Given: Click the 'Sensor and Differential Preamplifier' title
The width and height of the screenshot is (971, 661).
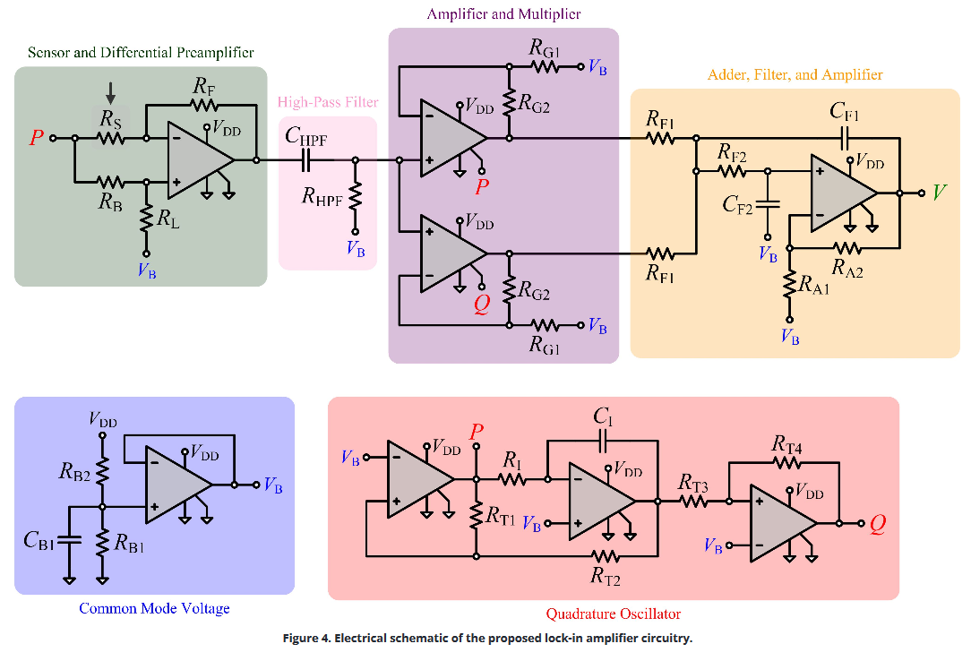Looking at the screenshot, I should tap(141, 53).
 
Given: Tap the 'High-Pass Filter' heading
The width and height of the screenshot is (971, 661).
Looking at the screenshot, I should tap(328, 102).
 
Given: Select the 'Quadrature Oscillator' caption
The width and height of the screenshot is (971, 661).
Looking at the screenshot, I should tap(613, 614).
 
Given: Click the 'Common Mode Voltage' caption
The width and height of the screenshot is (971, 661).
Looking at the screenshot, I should tap(154, 609).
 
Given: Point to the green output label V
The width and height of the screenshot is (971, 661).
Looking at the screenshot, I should tap(939, 193).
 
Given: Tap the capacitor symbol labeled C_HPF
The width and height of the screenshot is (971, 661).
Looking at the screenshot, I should tap(306, 160).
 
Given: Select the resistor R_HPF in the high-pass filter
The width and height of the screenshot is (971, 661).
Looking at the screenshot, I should tap(356, 197).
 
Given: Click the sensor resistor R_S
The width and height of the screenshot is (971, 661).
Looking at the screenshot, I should tap(110, 138).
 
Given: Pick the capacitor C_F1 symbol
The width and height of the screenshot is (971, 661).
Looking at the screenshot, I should tap(843, 138).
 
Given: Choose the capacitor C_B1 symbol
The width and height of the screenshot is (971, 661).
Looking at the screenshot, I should tap(70, 541).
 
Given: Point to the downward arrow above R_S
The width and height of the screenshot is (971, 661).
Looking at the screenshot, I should tap(110, 91).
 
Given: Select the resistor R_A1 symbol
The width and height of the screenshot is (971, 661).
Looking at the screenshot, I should tap(789, 284).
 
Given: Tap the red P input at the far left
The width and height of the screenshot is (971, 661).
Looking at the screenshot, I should tap(37, 138).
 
